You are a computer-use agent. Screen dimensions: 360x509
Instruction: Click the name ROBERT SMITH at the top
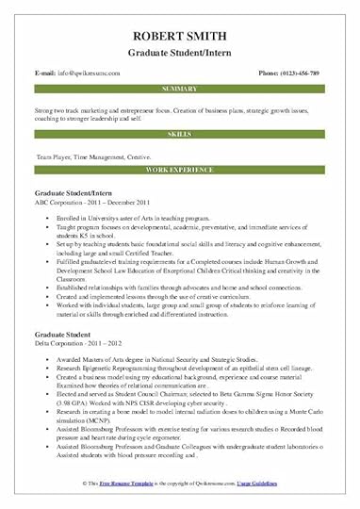pos(180,15)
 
